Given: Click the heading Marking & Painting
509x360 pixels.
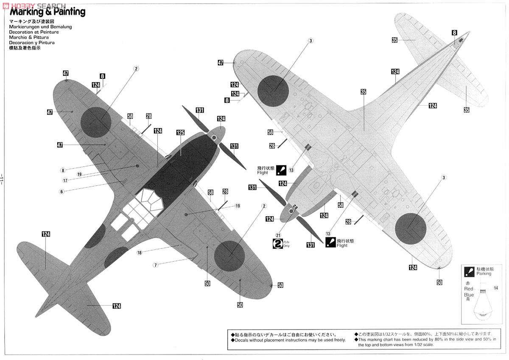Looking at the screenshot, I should point(47,12).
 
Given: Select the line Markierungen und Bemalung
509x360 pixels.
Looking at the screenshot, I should point(40,27).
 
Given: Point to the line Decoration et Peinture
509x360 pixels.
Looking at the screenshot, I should point(34,32).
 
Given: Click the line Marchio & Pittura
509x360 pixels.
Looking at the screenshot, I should point(29,37).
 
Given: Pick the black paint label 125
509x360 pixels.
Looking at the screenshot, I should point(180,133).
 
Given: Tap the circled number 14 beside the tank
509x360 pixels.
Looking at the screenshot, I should point(496,288).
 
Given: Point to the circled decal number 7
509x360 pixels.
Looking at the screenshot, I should point(156,265).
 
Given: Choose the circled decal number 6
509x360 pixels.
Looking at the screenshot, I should point(62,192).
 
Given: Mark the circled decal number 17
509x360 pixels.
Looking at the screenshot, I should point(65,180).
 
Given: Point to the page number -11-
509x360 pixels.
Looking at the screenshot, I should point(3,180).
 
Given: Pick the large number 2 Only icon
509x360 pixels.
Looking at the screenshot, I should point(277,244).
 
